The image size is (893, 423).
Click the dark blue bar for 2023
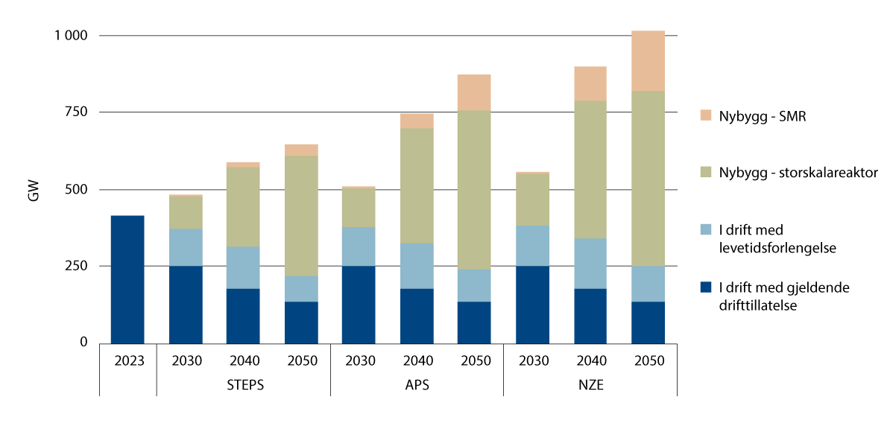pos(127,279)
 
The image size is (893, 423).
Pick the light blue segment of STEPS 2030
pos(186,247)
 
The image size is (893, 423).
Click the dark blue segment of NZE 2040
pos(590,316)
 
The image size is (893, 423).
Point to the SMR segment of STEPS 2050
pos(301,150)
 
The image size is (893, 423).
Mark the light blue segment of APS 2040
pos(417,266)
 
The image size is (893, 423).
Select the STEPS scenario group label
pos(243,385)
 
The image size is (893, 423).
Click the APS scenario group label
pos(417,385)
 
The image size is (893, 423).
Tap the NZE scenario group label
pos(590,385)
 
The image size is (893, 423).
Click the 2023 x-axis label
pos(127,361)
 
